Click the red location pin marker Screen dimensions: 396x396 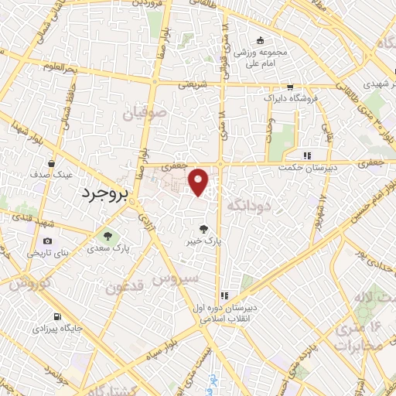(199, 182)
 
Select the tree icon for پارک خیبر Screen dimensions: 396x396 (203, 228)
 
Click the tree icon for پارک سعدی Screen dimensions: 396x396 (108, 236)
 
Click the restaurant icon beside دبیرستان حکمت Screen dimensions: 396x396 (307, 154)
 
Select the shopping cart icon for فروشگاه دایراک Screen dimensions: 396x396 (289, 87)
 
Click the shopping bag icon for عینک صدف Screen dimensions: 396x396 (51, 163)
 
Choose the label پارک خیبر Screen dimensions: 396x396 (203, 241)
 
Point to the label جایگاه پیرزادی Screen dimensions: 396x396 (56, 329)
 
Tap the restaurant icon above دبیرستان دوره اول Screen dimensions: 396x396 (224, 295)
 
